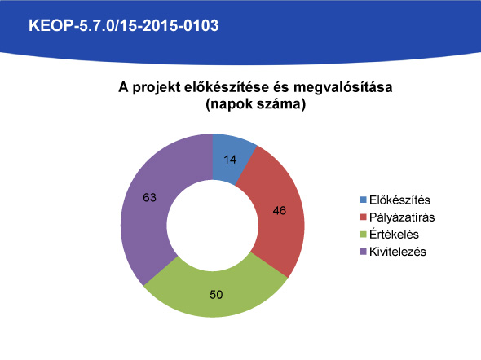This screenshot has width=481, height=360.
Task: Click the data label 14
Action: (x=230, y=160)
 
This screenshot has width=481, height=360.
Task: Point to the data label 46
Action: (x=280, y=210)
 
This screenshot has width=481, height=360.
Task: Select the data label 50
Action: (x=216, y=294)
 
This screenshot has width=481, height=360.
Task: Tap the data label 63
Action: (x=150, y=198)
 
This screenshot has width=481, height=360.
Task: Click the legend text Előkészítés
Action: (x=399, y=200)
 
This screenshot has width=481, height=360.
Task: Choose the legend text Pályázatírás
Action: (x=402, y=217)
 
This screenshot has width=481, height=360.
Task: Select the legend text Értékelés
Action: (x=394, y=235)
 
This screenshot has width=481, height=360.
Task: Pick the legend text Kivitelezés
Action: (x=398, y=252)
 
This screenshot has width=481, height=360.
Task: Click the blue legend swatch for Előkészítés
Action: (x=364, y=200)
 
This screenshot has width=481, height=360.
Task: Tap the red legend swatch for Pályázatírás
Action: (x=364, y=217)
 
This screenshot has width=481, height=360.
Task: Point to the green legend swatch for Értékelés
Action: (x=364, y=235)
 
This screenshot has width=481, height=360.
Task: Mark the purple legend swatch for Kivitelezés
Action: (x=364, y=252)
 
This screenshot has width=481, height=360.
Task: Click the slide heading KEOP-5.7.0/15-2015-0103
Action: (x=124, y=25)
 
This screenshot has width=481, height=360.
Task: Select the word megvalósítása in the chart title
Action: (x=343, y=87)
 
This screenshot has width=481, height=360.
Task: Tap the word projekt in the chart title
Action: (x=157, y=88)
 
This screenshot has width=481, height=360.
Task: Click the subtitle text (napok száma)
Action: (x=255, y=104)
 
